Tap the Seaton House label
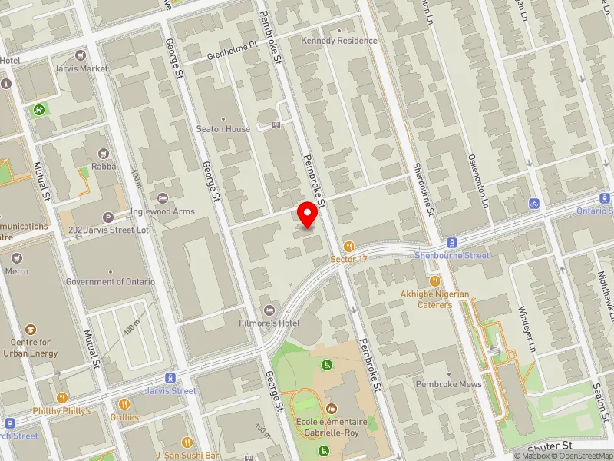coord(223,129)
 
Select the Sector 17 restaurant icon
coord(350,247)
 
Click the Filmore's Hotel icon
coord(269,310)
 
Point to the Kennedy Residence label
coord(339,40)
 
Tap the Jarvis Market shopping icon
coord(81,55)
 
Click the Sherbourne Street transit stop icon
coord(452,242)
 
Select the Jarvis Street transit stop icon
coord(171,378)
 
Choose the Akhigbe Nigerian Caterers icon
coord(434,281)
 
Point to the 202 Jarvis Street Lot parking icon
coord(108,217)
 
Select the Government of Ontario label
coord(111,282)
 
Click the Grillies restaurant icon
coord(124,403)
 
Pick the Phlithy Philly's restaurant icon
coord(62,398)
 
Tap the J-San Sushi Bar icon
coord(187,443)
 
